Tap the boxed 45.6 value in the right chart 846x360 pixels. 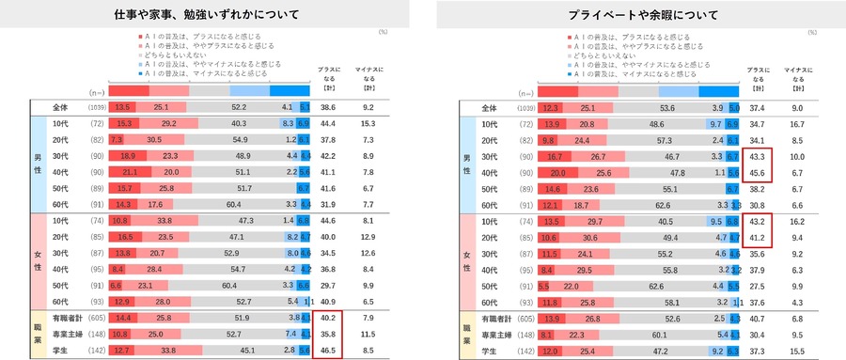[759, 172]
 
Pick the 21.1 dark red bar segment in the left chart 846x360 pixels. [130, 172]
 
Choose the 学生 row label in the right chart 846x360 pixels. [491, 352]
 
